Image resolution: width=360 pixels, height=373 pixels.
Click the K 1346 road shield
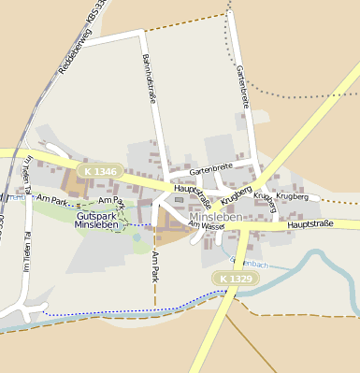coord(99,171)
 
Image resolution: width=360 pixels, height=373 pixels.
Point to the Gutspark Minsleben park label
coord(96,221)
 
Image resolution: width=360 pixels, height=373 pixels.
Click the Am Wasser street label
coord(206,225)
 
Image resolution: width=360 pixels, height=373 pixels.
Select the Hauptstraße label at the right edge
coord(310,225)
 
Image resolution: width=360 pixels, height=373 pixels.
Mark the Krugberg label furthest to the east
coord(293,198)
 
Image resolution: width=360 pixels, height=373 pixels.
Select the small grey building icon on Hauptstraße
coord(179,199)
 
